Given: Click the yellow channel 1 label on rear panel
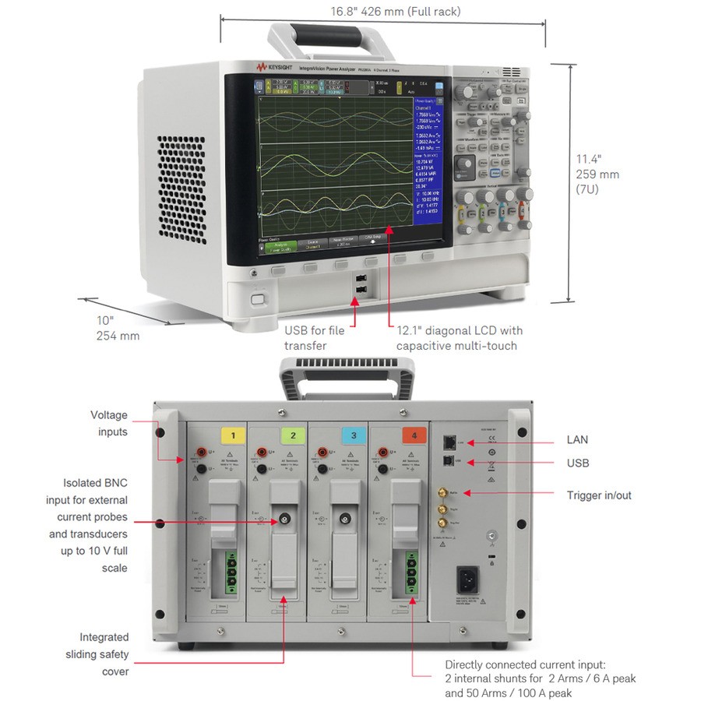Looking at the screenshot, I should (232, 435).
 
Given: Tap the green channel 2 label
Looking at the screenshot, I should (293, 435).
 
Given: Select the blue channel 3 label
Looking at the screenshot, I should (354, 435).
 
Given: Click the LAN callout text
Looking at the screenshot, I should (577, 440).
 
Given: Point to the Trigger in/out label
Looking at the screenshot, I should (599, 495).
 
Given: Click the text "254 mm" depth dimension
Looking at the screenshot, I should (117, 336).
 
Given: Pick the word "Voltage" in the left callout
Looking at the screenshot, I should (109, 415).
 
